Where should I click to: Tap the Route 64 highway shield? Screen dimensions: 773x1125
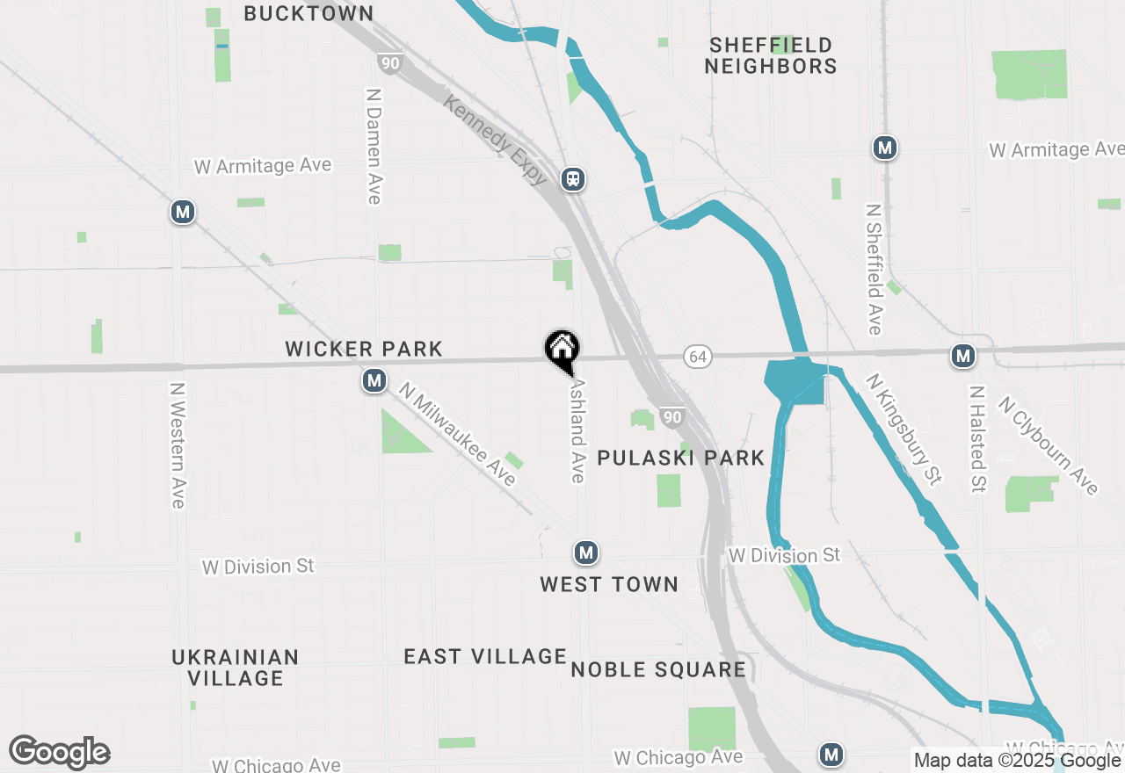tap(697, 357)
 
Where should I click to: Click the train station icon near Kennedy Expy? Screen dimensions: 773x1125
tap(573, 179)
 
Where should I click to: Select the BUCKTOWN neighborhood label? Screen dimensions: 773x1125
tap(308, 13)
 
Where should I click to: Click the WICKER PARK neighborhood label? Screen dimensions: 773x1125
tap(364, 349)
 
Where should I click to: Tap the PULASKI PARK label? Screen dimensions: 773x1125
tap(680, 458)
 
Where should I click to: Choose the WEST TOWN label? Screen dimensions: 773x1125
tap(609, 584)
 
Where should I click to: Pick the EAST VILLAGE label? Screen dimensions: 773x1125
tap(485, 656)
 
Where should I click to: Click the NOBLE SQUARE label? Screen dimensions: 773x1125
tap(658, 669)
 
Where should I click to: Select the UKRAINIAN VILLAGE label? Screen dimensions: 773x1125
tap(236, 668)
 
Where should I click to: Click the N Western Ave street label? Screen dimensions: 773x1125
tap(178, 444)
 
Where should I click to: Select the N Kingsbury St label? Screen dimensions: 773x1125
tap(904, 429)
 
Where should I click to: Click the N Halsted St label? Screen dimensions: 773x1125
tap(977, 438)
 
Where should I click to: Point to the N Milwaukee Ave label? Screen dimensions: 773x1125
tap(457, 433)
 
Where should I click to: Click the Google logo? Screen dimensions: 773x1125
tap(59, 753)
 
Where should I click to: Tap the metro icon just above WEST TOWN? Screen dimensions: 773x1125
tap(586, 553)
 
